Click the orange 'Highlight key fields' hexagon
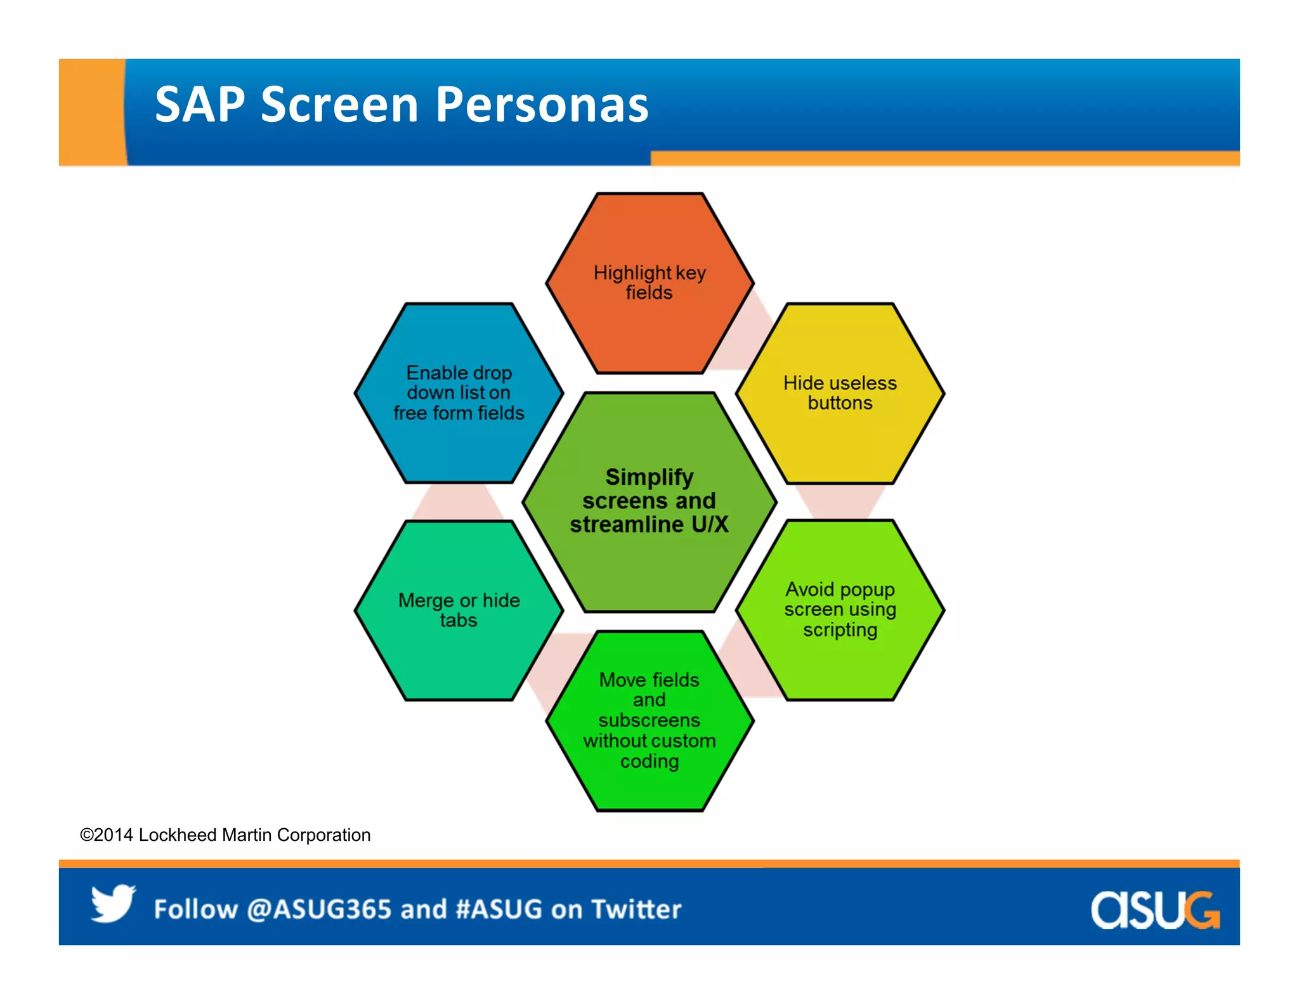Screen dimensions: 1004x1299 pyautogui.click(x=649, y=283)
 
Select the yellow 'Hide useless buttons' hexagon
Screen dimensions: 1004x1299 pyautogui.click(x=840, y=393)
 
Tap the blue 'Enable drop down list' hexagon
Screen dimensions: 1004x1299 pyautogui.click(x=459, y=393)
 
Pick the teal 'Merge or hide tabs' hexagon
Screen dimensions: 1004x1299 pyautogui.click(x=459, y=611)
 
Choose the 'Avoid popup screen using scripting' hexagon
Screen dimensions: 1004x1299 pyautogui.click(x=840, y=610)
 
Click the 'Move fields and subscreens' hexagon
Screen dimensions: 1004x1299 pyautogui.click(x=649, y=721)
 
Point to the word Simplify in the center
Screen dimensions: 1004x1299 pyautogui.click(x=649, y=477)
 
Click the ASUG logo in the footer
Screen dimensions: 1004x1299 pyautogui.click(x=1154, y=910)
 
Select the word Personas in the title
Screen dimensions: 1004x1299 pyautogui.click(x=542, y=105)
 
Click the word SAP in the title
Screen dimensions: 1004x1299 pyautogui.click(x=200, y=105)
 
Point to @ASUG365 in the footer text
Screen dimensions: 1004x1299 pyautogui.click(x=319, y=909)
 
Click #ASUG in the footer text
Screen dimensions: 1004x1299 pyautogui.click(x=499, y=909)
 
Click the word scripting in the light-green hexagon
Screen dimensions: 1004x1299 pyautogui.click(x=840, y=630)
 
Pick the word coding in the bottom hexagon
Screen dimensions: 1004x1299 pyautogui.click(x=649, y=761)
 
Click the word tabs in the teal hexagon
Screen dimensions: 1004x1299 pyautogui.click(x=459, y=620)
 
